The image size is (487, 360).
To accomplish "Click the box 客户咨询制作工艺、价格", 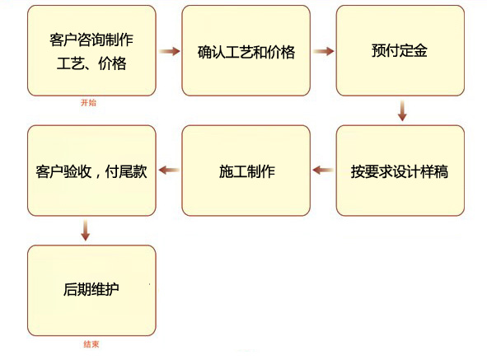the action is (x=91, y=50).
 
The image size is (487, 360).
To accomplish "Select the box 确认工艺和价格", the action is (x=246, y=50).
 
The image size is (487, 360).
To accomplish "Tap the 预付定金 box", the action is (x=400, y=50).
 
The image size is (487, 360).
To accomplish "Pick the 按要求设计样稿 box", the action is (x=400, y=171).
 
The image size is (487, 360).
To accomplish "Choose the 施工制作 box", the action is (x=246, y=171).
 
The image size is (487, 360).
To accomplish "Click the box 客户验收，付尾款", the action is (x=91, y=171).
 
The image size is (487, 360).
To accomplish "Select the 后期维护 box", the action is (x=91, y=291).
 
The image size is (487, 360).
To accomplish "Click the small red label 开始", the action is (x=88, y=102).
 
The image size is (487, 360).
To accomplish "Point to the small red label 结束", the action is (x=91, y=344).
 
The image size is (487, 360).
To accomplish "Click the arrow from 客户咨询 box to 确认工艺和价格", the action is (x=169, y=51).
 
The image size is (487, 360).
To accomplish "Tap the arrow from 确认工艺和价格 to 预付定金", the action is (x=323, y=51).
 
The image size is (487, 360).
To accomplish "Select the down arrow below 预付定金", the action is (x=402, y=110).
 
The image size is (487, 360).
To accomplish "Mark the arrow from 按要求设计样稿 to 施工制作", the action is (x=323, y=170).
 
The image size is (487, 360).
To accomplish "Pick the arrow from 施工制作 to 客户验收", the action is (x=169, y=170).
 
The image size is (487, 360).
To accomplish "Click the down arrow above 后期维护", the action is (x=86, y=230).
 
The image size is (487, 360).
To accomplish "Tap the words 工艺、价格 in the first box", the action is (x=91, y=63).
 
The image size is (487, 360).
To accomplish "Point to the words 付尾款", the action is (x=126, y=171).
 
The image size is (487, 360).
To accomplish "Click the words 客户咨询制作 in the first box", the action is (x=91, y=40).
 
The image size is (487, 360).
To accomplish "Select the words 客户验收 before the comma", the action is (x=63, y=171).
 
